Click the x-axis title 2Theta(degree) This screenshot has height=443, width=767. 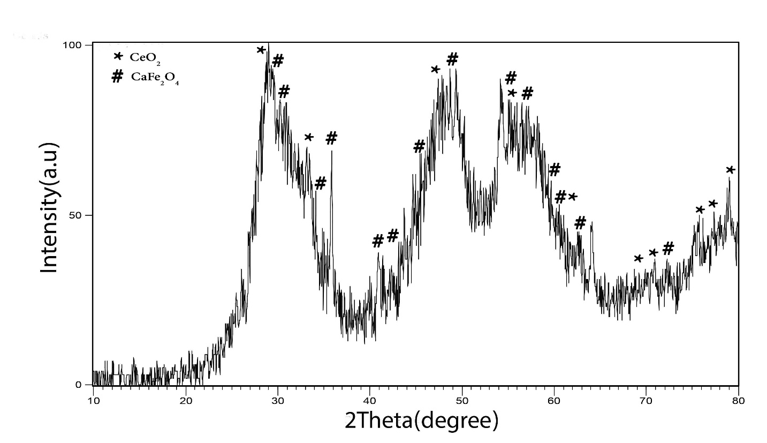point(421,421)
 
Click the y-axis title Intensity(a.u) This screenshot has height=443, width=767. point(50,208)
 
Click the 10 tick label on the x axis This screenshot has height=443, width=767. point(93,400)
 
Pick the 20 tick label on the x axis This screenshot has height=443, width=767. point(186,400)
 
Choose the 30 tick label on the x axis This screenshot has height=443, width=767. point(278,400)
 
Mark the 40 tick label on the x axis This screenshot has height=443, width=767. point(370,400)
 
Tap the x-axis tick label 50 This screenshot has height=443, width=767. point(462,400)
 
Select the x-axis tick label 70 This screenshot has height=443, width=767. point(647,400)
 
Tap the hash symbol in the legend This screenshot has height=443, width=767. point(117,77)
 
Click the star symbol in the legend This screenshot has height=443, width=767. point(118,56)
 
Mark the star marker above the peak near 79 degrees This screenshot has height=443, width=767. point(730,170)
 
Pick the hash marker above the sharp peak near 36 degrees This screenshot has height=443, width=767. point(332,138)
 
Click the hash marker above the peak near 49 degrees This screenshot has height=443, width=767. point(452,59)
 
